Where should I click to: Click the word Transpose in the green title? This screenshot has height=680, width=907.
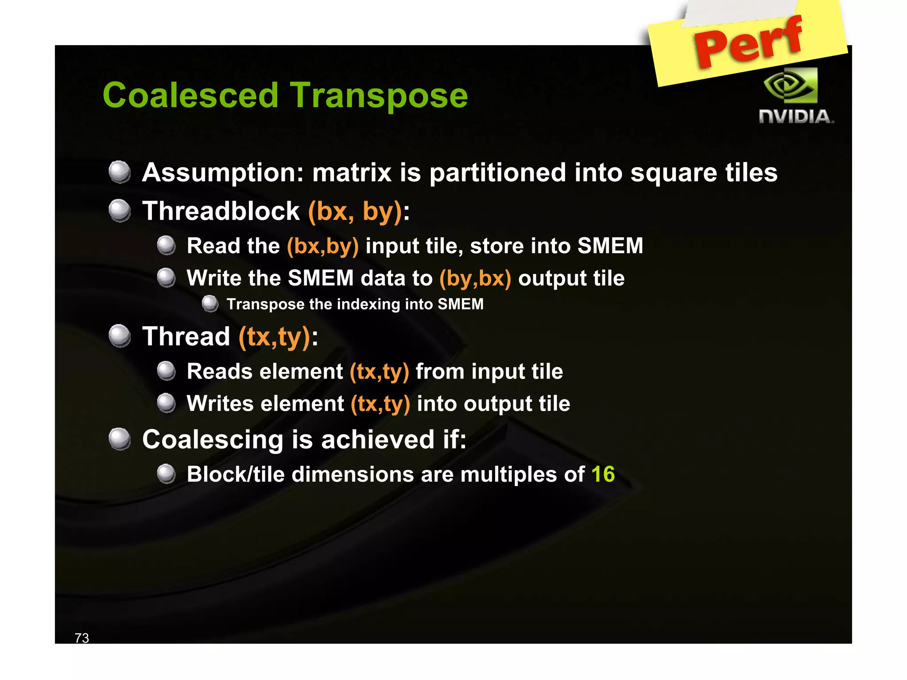[x=379, y=97]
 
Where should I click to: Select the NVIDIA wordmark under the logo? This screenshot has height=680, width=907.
[x=796, y=117]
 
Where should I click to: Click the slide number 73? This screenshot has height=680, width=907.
[x=82, y=637]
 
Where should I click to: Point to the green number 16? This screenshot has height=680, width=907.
[x=603, y=474]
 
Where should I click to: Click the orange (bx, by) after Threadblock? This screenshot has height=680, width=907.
[x=355, y=211]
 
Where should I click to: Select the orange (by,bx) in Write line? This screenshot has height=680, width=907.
[x=475, y=278]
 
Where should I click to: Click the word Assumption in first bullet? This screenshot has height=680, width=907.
[x=222, y=173]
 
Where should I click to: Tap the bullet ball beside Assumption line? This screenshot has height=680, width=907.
[x=120, y=172]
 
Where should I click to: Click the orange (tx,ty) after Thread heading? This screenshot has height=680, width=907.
[x=274, y=337]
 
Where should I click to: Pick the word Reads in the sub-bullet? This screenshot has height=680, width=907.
[x=221, y=371]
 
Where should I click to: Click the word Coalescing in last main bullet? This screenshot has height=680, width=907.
[x=213, y=440]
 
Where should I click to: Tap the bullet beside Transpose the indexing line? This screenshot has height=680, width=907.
[x=210, y=304]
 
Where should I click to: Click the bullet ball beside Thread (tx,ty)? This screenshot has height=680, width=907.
[x=120, y=336]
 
